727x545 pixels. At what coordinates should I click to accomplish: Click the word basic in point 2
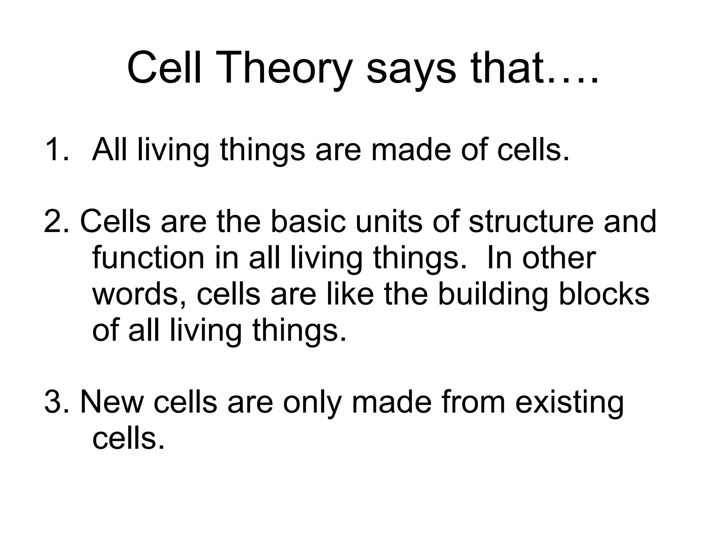pyautogui.click(x=308, y=222)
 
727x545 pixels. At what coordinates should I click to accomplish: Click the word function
pyautogui.click(x=148, y=258)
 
